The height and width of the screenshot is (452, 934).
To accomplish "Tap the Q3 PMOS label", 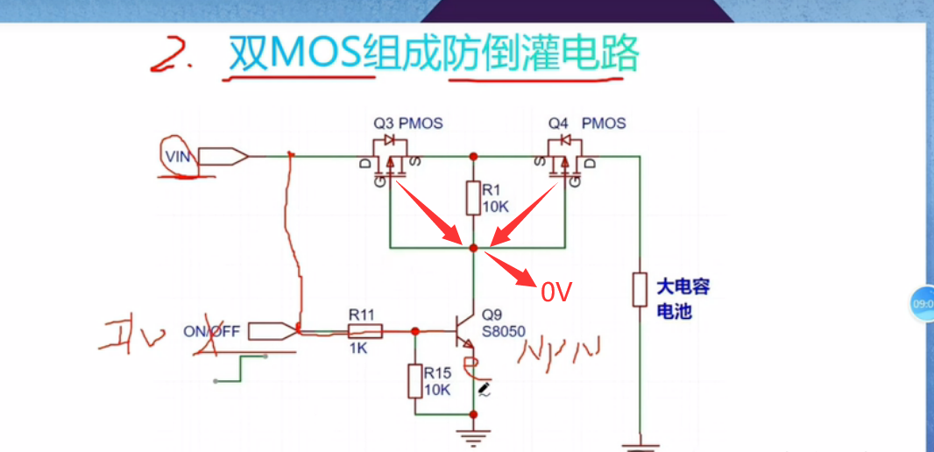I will pyautogui.click(x=407, y=123).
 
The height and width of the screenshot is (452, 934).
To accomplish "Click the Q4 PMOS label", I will pyautogui.click(x=586, y=123).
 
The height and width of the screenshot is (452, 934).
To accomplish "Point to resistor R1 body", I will pyautogui.click(x=473, y=197).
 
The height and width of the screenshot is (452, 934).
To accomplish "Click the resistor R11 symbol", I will pyautogui.click(x=364, y=331).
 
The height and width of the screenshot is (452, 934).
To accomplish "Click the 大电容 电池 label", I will pyautogui.click(x=683, y=298).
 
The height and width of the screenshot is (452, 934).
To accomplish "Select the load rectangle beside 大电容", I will pyautogui.click(x=640, y=289).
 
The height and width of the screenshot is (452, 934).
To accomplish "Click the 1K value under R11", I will pyautogui.click(x=360, y=348).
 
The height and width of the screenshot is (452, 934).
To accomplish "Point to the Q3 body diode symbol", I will pyautogui.click(x=390, y=140).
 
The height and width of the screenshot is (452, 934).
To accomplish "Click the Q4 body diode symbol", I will pyautogui.click(x=566, y=140).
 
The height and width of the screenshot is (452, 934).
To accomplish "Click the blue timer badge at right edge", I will pyautogui.click(x=922, y=303).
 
